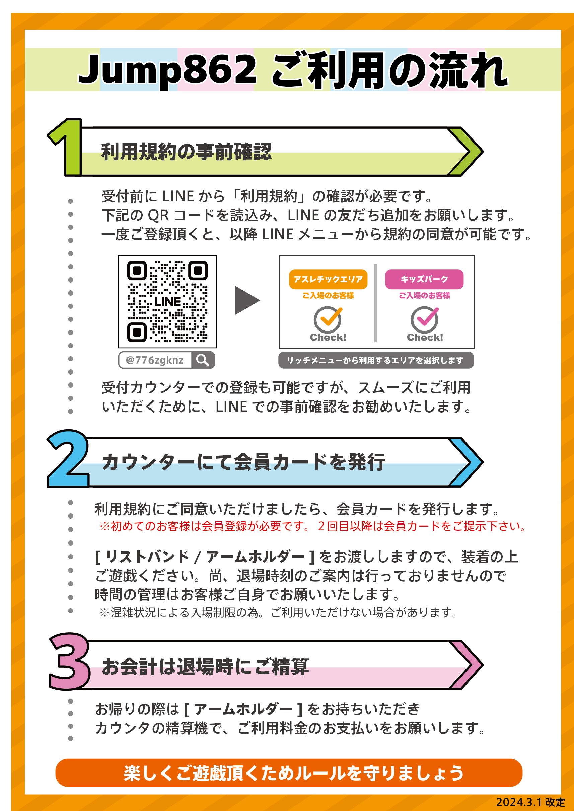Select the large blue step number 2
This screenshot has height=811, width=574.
click(68, 459)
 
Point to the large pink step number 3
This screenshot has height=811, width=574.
click(70, 661)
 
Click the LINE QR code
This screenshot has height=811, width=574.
click(167, 301)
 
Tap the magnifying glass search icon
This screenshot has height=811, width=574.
click(203, 360)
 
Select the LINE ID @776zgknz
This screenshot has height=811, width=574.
click(154, 360)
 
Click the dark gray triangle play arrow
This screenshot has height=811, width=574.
click(246, 300)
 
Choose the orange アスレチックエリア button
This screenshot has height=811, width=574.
click(328, 279)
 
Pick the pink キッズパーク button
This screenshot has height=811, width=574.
click(424, 279)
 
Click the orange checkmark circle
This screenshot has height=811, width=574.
click(328, 318)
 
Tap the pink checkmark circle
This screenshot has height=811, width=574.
click(425, 318)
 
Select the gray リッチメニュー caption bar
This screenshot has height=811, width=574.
click(376, 360)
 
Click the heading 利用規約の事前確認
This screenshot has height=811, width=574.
click(186, 152)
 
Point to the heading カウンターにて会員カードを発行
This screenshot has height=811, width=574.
click(243, 462)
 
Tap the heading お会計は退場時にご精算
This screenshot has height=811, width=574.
click(205, 667)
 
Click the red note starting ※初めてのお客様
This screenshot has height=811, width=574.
click(312, 526)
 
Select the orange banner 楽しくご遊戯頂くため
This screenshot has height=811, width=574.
click(289, 772)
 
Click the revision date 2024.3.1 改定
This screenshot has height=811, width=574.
click(530, 802)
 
